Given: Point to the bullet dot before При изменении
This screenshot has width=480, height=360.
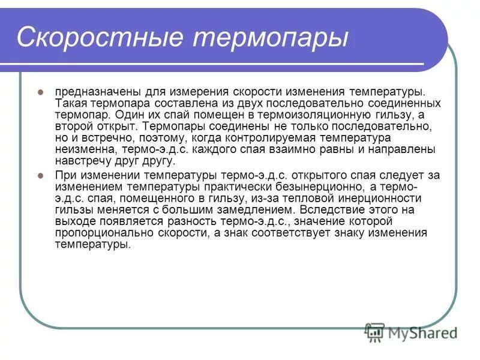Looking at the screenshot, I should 41,175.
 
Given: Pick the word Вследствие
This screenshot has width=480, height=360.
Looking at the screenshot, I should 329,210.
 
